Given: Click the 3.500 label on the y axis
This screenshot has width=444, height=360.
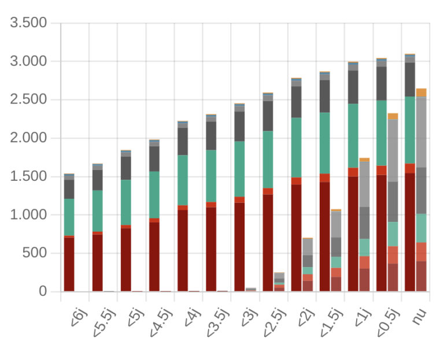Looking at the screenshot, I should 28,23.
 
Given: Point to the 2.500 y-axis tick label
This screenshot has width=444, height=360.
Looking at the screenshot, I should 28,100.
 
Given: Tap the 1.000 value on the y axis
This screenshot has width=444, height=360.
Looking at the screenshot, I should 28,215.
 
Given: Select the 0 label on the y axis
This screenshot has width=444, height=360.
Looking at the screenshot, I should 42,292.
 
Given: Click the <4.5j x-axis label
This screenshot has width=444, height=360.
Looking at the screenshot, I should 162,324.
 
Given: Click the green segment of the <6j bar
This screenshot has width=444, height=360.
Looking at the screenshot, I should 69,217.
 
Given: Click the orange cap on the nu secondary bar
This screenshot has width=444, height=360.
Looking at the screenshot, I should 421,92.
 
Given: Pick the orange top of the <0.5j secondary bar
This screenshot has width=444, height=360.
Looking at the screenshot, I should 393,116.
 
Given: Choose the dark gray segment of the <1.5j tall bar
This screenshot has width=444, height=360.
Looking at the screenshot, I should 324,96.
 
